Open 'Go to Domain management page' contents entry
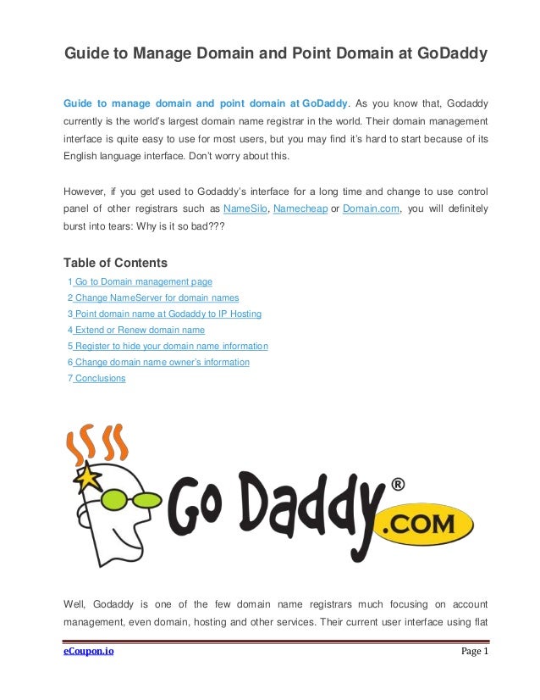click(143, 281)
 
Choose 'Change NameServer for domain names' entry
click(157, 297)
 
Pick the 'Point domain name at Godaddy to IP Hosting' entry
click(168, 314)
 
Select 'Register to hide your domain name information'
click(171, 346)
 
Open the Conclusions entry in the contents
click(100, 378)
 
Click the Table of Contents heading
click(115, 262)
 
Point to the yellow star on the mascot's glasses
click(88, 481)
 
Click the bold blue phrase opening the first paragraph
click(206, 103)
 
